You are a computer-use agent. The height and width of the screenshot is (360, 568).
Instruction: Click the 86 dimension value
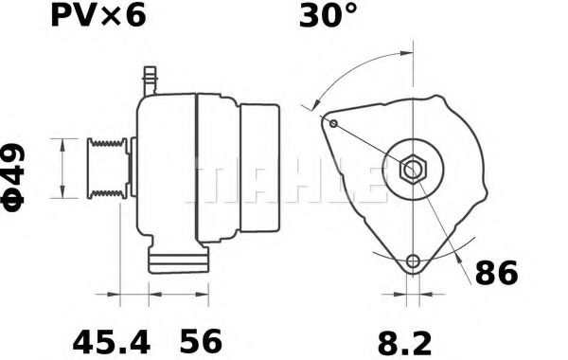tap(495, 275)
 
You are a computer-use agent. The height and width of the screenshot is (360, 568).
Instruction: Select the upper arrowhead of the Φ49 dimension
tap(62, 143)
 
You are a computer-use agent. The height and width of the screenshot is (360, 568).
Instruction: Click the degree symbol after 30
tap(350, 12)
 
